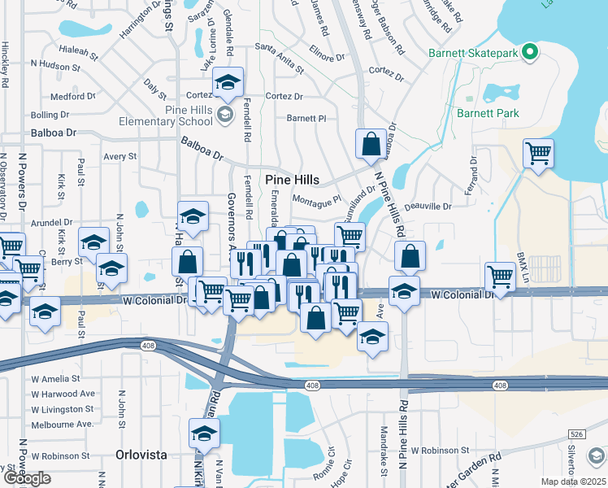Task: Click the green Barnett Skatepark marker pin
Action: click(x=530, y=54)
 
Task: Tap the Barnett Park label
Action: click(x=487, y=113)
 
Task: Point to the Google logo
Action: click(x=27, y=478)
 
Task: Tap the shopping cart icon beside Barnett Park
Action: click(x=538, y=153)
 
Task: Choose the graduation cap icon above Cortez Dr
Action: click(x=229, y=82)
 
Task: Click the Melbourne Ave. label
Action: click(x=62, y=425)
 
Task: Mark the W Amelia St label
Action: click(x=55, y=379)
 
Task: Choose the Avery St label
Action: click(x=119, y=156)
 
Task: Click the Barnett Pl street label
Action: click(x=306, y=118)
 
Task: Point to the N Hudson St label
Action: click(x=58, y=63)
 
